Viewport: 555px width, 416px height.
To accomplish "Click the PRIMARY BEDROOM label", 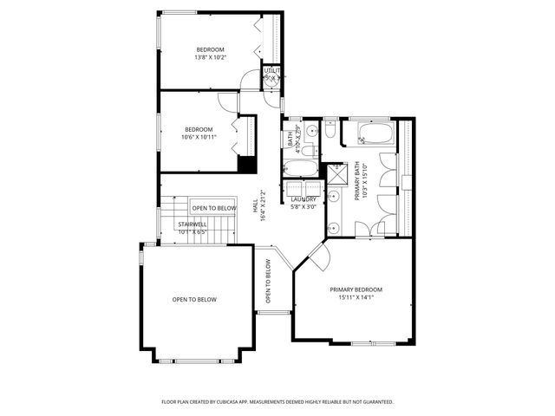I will tap(356, 289).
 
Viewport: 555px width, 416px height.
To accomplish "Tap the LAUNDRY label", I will tap(303, 199).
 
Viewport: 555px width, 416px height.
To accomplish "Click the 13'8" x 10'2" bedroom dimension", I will tap(210, 57).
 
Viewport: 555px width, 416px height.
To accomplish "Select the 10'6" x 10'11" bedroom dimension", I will tap(198, 137).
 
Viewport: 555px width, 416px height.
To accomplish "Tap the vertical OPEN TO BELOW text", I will tap(268, 282).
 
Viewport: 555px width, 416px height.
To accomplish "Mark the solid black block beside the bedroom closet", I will tap(245, 164).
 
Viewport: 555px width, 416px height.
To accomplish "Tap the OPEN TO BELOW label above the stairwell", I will tap(213, 208).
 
